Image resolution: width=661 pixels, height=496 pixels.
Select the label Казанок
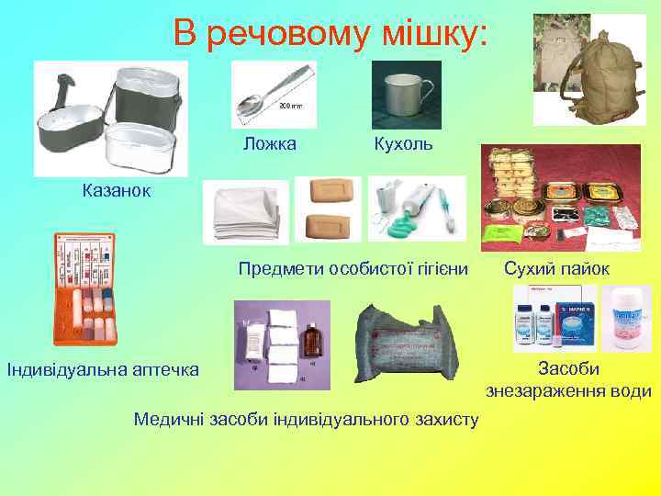pyautogui.click(x=118, y=191)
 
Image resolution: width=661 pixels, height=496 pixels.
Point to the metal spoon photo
pyautogui.click(x=273, y=95)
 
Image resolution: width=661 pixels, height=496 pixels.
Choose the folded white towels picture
pyautogui.click(x=245, y=213)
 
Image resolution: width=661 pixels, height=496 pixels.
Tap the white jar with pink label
pyautogui.click(x=627, y=318)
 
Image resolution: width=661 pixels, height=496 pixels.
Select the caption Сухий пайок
pyautogui.click(x=555, y=269)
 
